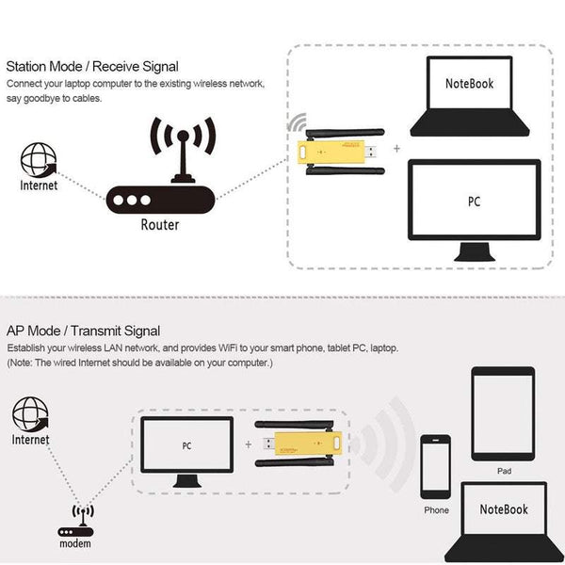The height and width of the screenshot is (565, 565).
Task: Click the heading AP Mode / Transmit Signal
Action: (x=83, y=331)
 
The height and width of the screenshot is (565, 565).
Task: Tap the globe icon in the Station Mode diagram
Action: (x=38, y=160)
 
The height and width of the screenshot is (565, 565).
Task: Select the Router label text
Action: (x=159, y=225)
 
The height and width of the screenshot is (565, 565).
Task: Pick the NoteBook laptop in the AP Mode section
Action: (x=503, y=521)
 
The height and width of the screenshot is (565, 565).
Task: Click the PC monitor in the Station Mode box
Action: (x=474, y=205)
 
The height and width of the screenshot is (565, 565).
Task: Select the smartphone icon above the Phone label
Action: (x=436, y=467)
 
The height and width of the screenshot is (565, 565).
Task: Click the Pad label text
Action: (x=505, y=470)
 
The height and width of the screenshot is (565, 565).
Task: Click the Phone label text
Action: (x=436, y=510)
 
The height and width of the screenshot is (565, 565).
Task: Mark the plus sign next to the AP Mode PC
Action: (x=248, y=445)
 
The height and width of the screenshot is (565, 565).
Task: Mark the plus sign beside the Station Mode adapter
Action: (x=395, y=149)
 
